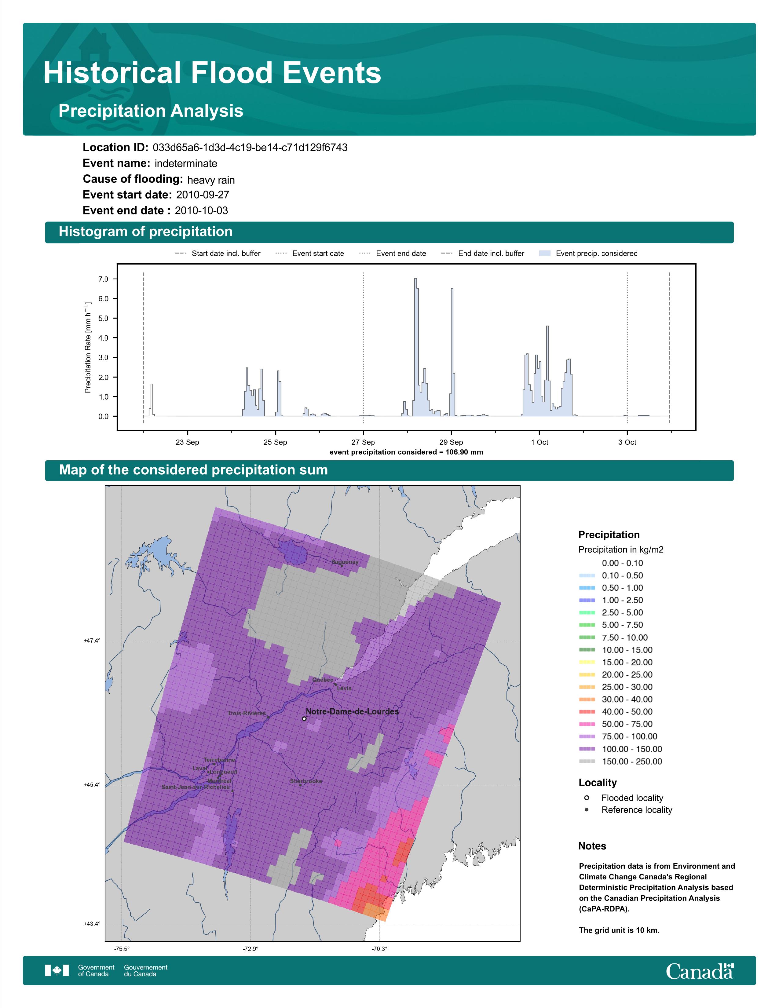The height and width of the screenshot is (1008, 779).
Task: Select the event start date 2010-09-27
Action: [x=203, y=195]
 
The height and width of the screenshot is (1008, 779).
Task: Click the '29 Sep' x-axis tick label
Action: [x=451, y=442]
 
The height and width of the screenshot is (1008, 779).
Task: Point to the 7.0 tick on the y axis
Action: [x=103, y=279]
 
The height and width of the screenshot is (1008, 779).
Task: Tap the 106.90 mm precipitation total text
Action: [x=464, y=452]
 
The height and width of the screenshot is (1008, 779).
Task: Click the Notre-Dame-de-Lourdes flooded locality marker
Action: [x=304, y=719]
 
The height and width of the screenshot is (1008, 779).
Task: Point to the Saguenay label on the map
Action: [x=345, y=562]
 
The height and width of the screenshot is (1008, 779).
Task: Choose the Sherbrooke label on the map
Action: [x=306, y=781]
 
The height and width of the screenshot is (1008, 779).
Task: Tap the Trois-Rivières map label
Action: [x=247, y=714]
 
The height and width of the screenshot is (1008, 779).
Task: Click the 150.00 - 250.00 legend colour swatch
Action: [x=587, y=761]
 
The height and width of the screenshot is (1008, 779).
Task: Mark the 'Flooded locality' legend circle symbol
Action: [x=587, y=798]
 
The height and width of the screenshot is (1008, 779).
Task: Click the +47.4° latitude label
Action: [x=92, y=641]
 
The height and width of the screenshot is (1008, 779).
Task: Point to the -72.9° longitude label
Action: [x=251, y=949]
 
